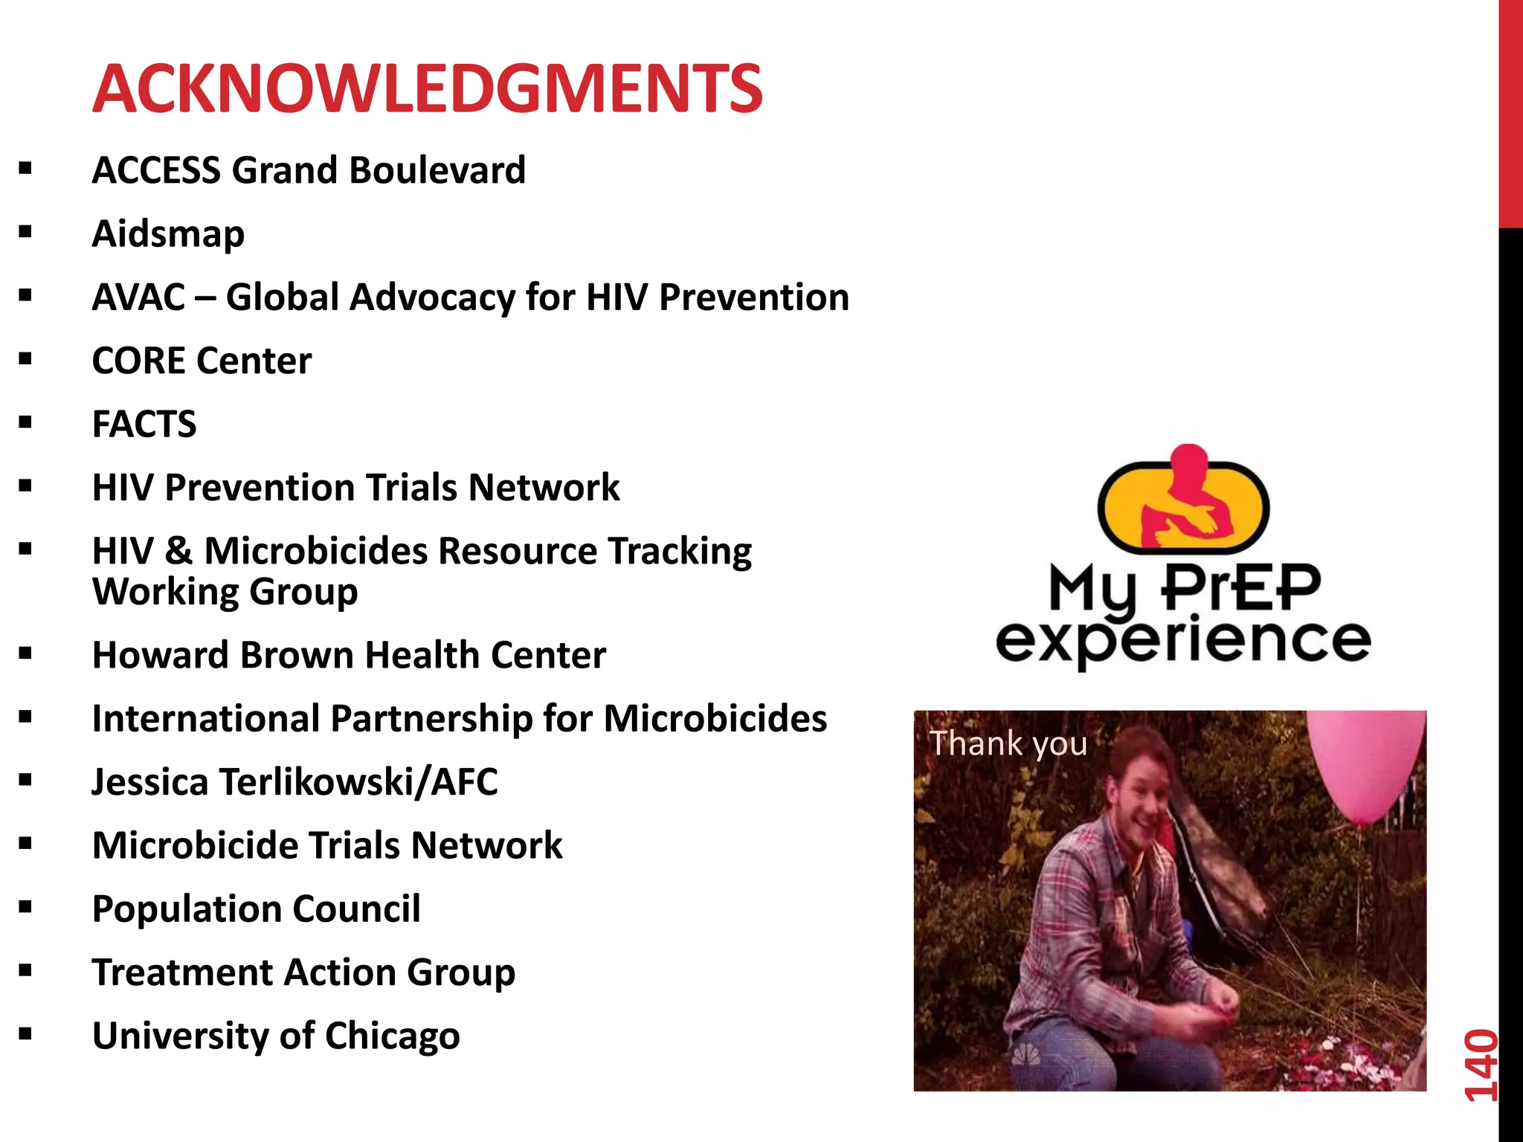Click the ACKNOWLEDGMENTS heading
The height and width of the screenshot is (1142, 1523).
click(x=427, y=89)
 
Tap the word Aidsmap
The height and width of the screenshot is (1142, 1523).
click(x=168, y=234)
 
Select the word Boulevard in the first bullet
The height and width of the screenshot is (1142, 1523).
click(x=437, y=170)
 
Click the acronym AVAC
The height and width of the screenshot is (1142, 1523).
click(x=139, y=297)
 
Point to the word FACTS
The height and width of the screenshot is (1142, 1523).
click(x=144, y=425)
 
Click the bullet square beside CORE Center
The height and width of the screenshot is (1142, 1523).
click(x=26, y=360)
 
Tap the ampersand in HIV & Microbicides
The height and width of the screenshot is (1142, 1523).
click(x=178, y=552)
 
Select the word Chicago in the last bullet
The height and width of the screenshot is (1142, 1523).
click(x=392, y=1036)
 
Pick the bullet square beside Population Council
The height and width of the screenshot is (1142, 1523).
click(x=26, y=908)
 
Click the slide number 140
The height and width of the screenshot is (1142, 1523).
click(x=1480, y=1065)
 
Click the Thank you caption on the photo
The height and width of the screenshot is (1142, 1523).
click(x=1008, y=743)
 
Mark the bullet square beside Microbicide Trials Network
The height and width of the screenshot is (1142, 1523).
click(x=26, y=845)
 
